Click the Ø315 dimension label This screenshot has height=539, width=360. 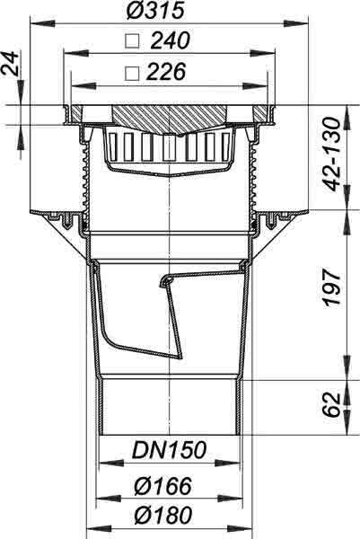[155, 10]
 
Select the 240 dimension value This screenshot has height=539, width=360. [170, 40]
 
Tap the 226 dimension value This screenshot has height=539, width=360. [166, 72]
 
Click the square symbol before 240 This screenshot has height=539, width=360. [132, 41]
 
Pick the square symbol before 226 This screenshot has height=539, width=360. [132, 74]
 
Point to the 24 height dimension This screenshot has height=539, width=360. [10, 63]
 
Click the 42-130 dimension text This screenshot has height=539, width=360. [332, 154]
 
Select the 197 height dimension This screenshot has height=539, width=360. [332, 288]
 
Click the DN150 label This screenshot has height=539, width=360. [170, 450]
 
